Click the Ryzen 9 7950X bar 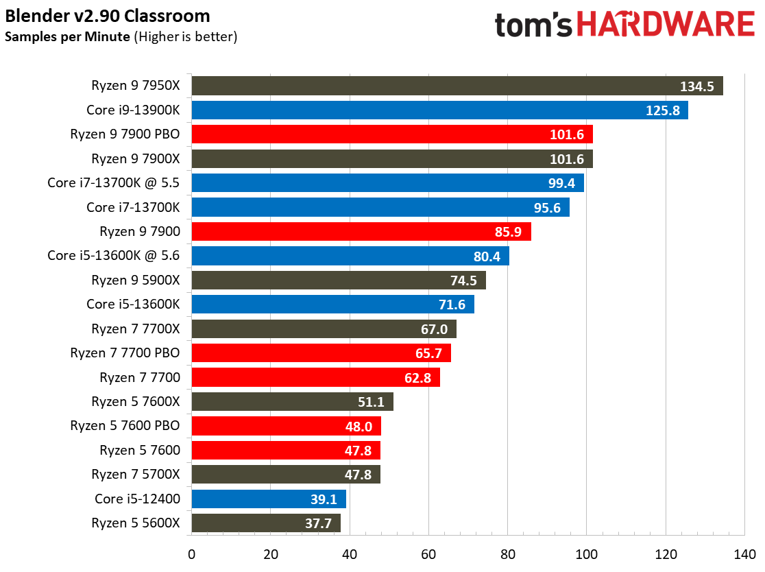(x=457, y=86)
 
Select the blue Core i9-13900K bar (x=439, y=110)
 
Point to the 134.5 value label (x=697, y=86)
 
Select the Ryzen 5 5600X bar (x=266, y=523)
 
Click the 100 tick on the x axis (x=586, y=553)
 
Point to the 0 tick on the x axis (x=192, y=553)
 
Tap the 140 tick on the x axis (x=744, y=553)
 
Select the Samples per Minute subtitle (x=67, y=36)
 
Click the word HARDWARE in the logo (x=665, y=25)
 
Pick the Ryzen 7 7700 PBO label (x=125, y=353)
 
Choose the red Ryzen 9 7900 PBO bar (x=392, y=134)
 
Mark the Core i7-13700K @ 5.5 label (x=114, y=182)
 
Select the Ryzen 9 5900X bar (x=339, y=280)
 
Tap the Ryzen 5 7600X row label (x=136, y=401)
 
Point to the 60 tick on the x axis (x=428, y=553)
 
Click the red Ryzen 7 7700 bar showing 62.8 (x=315, y=377)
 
